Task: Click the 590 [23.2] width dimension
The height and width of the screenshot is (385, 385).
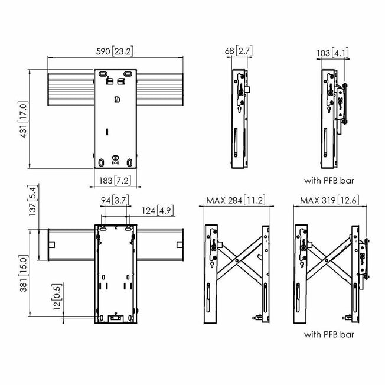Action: pyautogui.click(x=115, y=51)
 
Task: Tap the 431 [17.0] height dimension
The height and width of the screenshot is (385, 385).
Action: pyautogui.click(x=24, y=119)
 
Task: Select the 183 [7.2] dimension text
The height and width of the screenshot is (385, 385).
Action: pyautogui.click(x=115, y=181)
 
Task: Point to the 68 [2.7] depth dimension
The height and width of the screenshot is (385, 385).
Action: pyautogui.click(x=239, y=51)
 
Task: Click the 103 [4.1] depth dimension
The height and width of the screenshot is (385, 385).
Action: pyautogui.click(x=332, y=53)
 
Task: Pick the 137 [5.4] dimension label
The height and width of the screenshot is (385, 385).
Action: pyautogui.click(x=33, y=200)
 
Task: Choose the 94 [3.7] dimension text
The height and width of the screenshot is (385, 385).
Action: pyautogui.click(x=115, y=200)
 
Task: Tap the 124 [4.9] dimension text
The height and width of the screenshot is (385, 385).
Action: pyautogui.click(x=158, y=211)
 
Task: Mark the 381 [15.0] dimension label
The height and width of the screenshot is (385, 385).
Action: pyautogui.click(x=24, y=273)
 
